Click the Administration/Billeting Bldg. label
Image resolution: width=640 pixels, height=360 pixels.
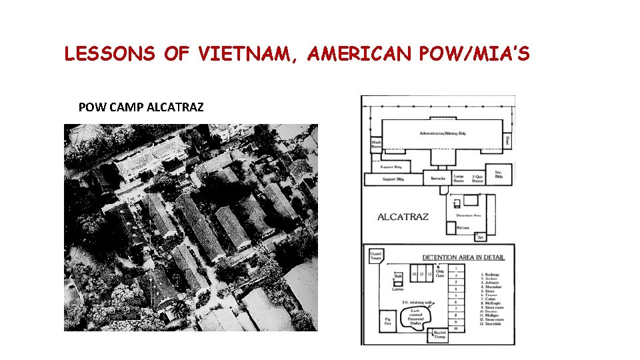tap(443, 133)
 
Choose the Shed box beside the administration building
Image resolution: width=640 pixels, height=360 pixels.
tap(507, 141)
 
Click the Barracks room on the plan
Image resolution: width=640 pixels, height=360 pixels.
tap(438, 178)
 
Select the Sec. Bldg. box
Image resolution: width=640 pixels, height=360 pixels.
tap(497, 175)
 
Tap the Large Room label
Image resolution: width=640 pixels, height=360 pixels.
tap(459, 177)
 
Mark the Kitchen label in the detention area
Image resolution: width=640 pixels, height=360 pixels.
tap(463, 227)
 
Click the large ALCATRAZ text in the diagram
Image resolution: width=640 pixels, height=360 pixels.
tap(403, 217)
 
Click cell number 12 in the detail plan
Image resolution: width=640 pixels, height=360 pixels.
tap(421, 274)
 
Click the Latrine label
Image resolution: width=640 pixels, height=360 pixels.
tap(397, 289)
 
